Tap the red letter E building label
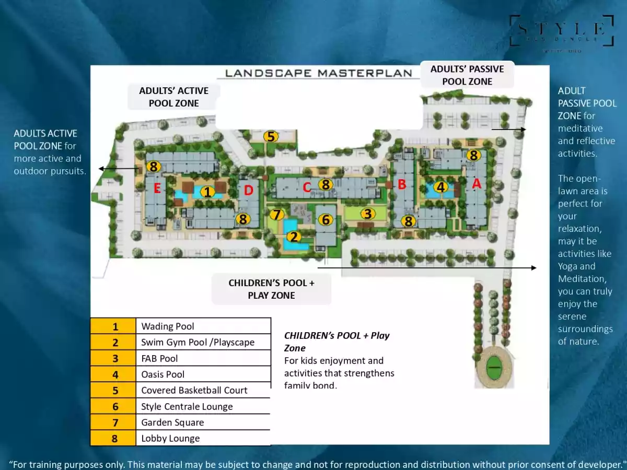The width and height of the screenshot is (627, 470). pyautogui.click(x=157, y=189)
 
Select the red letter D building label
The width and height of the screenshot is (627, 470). pyautogui.click(x=248, y=191)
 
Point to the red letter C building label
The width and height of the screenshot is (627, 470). pyautogui.click(x=307, y=186)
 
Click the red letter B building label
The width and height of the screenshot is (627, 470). pyautogui.click(x=402, y=184)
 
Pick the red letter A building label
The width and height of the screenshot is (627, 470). pyautogui.click(x=476, y=184)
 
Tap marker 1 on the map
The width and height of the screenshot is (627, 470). pyautogui.click(x=208, y=192)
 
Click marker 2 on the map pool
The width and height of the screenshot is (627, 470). pyautogui.click(x=294, y=237)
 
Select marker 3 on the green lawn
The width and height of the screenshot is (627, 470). pyautogui.click(x=368, y=214)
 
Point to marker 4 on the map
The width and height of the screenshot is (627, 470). pyautogui.click(x=441, y=187)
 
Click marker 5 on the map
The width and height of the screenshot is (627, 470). pyautogui.click(x=270, y=137)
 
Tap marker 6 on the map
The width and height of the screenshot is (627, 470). pyautogui.click(x=326, y=220)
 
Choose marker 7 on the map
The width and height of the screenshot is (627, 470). pyautogui.click(x=277, y=214)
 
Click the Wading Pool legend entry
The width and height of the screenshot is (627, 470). pyautogui.click(x=168, y=326)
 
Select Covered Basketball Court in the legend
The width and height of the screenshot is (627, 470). pyautogui.click(x=194, y=390)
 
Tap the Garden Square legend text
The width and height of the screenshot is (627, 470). pyautogui.click(x=172, y=422)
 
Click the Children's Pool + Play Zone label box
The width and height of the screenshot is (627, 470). pyautogui.click(x=272, y=289)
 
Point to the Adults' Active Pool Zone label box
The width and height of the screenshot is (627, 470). pyautogui.click(x=173, y=97)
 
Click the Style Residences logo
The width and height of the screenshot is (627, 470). pyautogui.click(x=562, y=31)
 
